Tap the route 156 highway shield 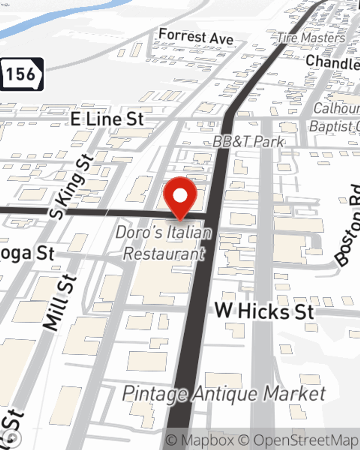[22, 74]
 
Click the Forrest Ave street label [196, 37]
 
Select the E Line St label [107, 119]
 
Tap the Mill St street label [60, 302]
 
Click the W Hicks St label [264, 311]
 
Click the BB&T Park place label [248, 142]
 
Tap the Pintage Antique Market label [224, 393]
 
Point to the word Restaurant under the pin [164, 253]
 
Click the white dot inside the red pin [180, 195]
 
